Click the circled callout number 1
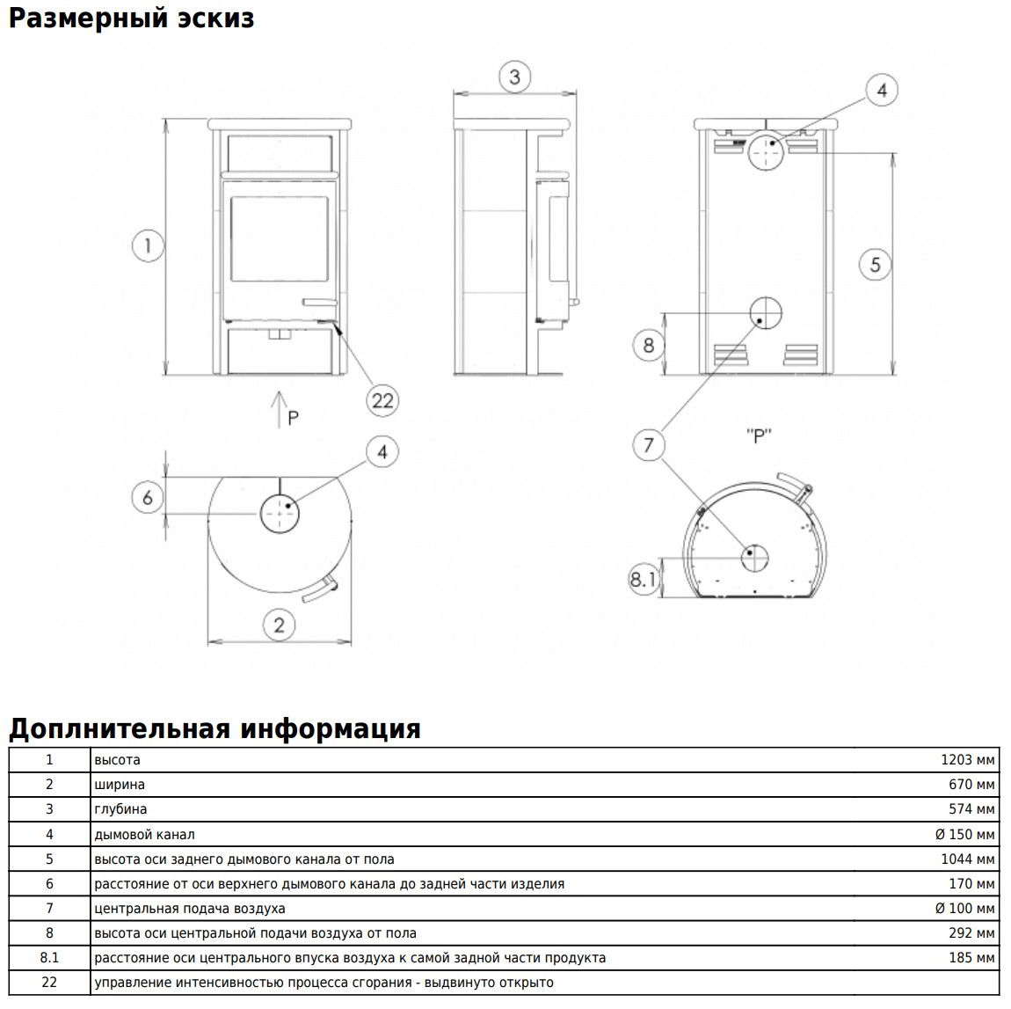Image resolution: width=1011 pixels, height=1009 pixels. click(x=149, y=245)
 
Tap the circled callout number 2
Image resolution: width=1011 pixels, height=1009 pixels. click(x=280, y=625)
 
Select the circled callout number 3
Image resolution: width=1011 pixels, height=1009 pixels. click(x=515, y=77)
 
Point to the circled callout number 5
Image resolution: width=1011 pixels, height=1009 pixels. click(x=875, y=263)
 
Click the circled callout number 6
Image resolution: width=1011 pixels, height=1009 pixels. click(x=148, y=498)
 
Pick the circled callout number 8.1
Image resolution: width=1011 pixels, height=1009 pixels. click(x=643, y=579)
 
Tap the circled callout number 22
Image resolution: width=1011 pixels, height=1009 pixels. click(x=382, y=400)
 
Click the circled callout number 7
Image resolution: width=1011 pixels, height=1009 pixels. click(x=649, y=445)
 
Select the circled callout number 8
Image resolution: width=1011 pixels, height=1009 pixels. click(x=649, y=345)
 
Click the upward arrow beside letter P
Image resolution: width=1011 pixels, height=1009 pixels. click(x=278, y=410)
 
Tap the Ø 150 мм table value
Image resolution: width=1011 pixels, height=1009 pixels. click(x=964, y=834)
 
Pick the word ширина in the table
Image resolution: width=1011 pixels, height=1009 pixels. click(x=120, y=785)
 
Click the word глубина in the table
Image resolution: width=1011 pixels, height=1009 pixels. click(x=120, y=809)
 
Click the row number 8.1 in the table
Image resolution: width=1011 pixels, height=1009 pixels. click(x=49, y=958)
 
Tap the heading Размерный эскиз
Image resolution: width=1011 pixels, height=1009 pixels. click(x=132, y=18)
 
